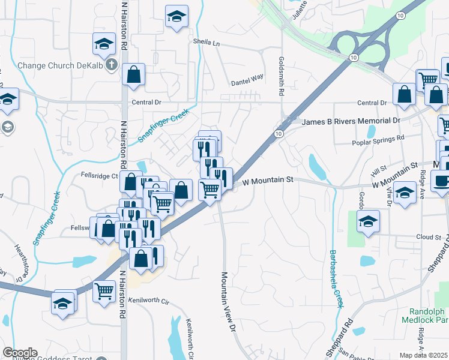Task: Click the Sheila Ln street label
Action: pyautogui.click(x=206, y=43)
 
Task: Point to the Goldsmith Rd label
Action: pyautogui.click(x=280, y=76)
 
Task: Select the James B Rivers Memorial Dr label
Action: pyautogui.click(x=351, y=121)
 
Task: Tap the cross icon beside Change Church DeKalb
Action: pyautogui.click(x=111, y=65)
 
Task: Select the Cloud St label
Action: pyautogui.click(x=429, y=237)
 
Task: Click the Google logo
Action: pyautogui.click(x=20, y=352)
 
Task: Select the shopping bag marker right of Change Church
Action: pyautogui.click(x=133, y=75)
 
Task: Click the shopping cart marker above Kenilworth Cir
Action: pyautogui.click(x=104, y=291)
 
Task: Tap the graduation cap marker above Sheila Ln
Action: pyautogui.click(x=176, y=16)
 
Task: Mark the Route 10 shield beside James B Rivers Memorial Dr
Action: pyautogui.click(x=279, y=134)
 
